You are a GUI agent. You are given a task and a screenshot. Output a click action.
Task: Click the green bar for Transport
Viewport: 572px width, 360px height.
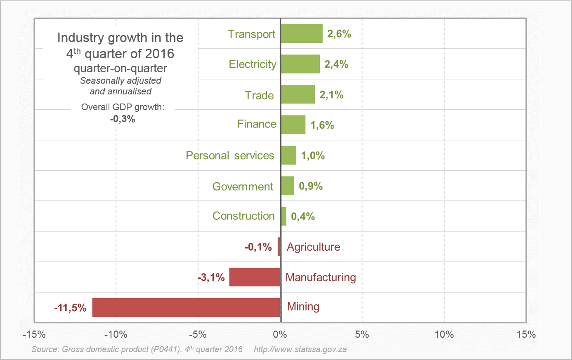click(x=302, y=33)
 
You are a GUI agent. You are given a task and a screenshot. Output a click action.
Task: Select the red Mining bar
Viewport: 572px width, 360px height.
click(x=186, y=307)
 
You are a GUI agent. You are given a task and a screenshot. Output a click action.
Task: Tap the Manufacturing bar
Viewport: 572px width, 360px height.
click(x=255, y=277)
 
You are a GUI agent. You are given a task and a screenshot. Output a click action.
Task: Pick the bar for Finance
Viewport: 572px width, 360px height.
click(x=293, y=125)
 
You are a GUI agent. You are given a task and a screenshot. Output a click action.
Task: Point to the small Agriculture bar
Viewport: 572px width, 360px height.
click(x=279, y=247)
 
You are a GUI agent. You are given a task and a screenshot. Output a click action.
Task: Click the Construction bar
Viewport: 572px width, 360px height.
click(x=284, y=216)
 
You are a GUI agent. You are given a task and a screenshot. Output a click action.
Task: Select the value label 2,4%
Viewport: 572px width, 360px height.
click(x=336, y=64)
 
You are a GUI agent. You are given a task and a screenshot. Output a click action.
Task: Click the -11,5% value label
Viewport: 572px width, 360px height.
click(x=70, y=308)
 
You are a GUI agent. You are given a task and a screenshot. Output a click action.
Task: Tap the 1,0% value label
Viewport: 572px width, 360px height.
click(x=313, y=156)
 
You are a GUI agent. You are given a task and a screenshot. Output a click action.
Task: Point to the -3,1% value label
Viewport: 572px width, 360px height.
click(x=211, y=278)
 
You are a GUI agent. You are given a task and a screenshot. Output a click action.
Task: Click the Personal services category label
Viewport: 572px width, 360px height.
click(x=230, y=155)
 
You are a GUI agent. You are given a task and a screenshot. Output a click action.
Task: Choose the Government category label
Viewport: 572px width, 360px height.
click(x=243, y=187)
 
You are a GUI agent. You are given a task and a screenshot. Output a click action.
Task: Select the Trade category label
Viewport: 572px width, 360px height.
click(x=259, y=95)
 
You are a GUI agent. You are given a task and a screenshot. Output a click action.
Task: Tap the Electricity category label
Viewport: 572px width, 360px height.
click(x=253, y=64)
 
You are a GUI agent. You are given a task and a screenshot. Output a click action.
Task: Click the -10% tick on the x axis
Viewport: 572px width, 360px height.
click(x=116, y=334)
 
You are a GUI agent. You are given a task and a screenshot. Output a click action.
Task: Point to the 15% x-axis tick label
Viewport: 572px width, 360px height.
click(x=526, y=334)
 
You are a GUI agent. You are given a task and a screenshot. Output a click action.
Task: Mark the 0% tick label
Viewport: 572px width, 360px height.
click(x=280, y=334)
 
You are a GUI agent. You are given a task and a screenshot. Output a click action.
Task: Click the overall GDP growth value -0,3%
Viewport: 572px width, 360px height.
click(x=123, y=119)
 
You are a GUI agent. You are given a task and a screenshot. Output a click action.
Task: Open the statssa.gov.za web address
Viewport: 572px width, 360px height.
click(x=300, y=350)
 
